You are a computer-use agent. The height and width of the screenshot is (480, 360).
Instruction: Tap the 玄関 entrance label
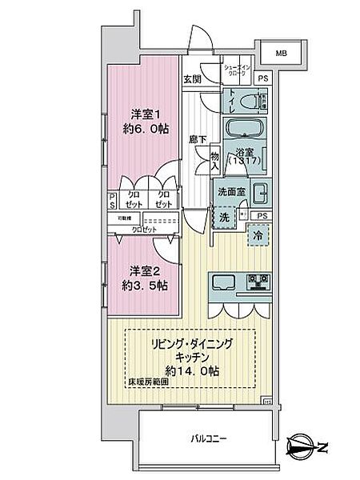191,78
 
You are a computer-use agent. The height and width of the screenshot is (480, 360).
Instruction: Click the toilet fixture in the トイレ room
255,102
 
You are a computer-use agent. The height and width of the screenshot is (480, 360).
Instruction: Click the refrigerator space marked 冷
258,237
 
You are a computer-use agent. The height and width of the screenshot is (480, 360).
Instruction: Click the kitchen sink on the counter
223,282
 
